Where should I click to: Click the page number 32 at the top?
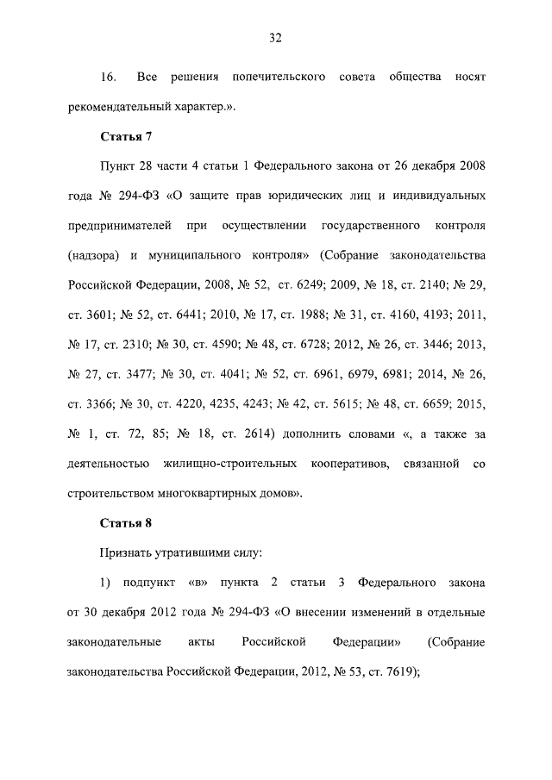coord(276,37)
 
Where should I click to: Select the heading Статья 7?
coord(128,135)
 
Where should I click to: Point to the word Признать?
coord(126,552)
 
